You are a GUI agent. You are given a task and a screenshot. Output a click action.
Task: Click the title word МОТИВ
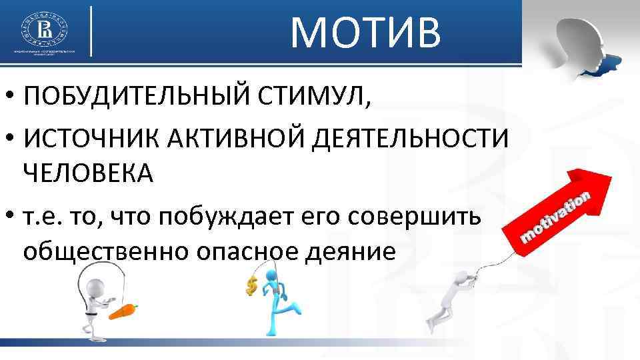pyautogui.click(x=365, y=33)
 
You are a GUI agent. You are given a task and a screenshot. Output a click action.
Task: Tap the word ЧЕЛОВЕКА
pyautogui.click(x=88, y=175)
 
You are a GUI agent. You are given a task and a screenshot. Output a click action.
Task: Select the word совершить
pyautogui.click(x=415, y=216)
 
